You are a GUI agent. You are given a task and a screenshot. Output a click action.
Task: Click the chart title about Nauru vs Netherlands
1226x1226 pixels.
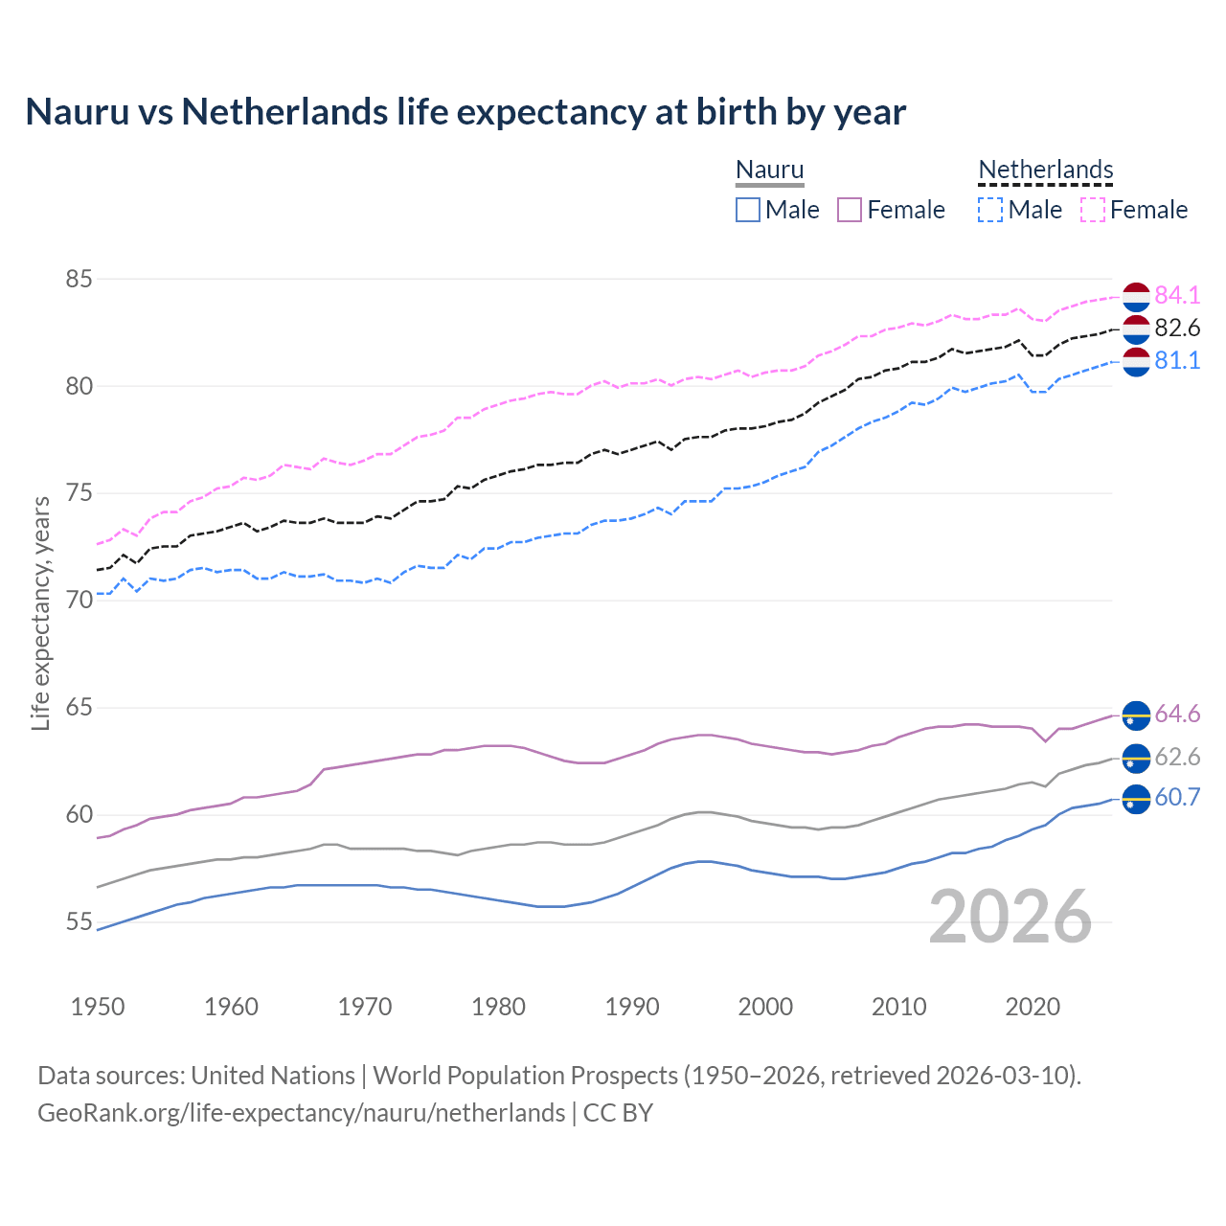465,112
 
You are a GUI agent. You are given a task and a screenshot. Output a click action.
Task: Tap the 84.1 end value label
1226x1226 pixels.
1177,295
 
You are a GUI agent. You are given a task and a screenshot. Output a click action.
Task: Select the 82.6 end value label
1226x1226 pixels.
1177,329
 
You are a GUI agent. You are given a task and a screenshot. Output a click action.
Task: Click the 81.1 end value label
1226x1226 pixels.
1177,361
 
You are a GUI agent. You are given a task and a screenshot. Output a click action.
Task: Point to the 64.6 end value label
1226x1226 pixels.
1177,715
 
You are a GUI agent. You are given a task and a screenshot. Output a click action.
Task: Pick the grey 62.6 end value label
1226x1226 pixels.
1177,758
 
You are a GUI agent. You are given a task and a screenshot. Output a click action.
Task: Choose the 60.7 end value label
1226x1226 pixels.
1177,798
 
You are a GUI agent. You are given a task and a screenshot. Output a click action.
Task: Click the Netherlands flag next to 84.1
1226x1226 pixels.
1136,297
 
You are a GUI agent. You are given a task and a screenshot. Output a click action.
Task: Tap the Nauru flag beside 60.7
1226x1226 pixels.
1136,798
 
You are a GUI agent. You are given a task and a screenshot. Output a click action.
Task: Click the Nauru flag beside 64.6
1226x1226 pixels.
1136,715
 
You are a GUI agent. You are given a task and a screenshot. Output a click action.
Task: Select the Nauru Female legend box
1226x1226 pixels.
850,210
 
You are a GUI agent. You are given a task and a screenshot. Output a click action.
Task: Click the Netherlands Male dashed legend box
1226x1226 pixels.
990,210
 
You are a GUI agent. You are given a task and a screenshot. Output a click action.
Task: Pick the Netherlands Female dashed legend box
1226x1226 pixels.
1093,210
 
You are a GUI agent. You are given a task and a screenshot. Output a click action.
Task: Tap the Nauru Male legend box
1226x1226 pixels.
748,210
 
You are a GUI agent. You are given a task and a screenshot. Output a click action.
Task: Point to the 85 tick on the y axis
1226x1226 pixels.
79,280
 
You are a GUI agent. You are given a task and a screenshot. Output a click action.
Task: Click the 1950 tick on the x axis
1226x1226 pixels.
98,1007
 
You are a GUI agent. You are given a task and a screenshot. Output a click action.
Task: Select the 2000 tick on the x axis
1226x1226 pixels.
765,1007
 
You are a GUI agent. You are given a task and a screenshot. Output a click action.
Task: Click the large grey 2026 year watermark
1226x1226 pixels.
1010,917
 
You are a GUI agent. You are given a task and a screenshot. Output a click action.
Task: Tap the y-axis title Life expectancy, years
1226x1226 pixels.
40,613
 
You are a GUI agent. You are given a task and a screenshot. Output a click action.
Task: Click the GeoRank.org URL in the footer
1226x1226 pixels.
301,1113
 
